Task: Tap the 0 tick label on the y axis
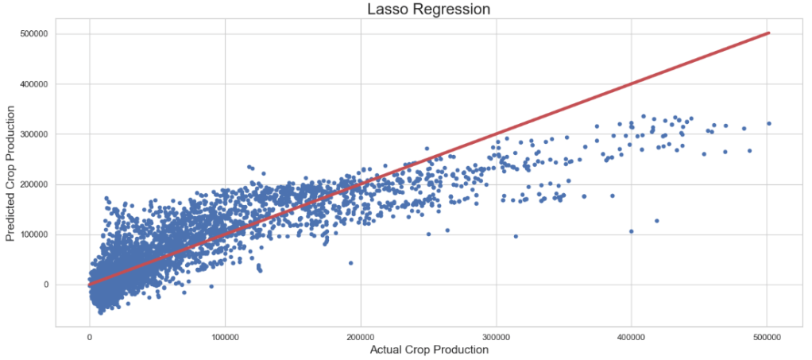click(47, 285)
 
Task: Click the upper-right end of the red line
click(768, 33)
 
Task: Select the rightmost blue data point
click(769, 123)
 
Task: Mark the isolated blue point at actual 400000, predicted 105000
click(632, 231)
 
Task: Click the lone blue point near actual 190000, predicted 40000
click(350, 263)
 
